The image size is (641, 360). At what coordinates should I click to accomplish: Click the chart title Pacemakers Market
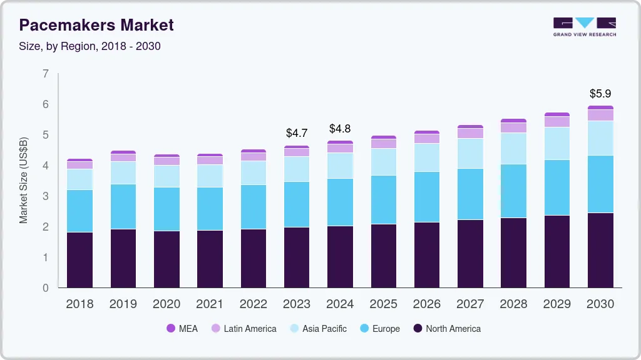(x=97, y=26)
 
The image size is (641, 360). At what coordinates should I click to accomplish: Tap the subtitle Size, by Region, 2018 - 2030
(x=90, y=46)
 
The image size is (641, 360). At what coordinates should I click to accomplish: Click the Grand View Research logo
(x=584, y=26)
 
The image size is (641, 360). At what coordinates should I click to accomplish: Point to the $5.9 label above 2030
(x=600, y=94)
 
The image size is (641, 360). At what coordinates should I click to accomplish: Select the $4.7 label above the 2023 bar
(x=297, y=133)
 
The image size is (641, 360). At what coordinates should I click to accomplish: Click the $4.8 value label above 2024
(x=340, y=129)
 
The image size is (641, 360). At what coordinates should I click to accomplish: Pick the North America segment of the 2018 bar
(x=79, y=260)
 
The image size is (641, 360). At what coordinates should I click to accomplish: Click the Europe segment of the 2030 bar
(x=600, y=184)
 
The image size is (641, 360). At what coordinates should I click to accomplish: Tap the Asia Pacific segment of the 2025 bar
(x=383, y=162)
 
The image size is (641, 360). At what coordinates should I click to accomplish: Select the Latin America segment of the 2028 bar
(x=513, y=127)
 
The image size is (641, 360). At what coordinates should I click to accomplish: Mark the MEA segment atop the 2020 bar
(x=167, y=156)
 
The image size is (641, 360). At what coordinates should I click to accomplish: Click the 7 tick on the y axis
(x=45, y=74)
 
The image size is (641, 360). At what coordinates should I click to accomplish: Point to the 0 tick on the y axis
(x=45, y=288)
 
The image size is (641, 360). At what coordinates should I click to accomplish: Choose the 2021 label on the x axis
(x=210, y=304)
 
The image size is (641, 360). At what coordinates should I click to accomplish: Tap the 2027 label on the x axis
(x=470, y=304)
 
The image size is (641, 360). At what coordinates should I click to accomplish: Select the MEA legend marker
(x=170, y=329)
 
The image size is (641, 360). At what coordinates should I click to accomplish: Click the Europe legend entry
(x=379, y=329)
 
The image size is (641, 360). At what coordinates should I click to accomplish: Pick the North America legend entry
(x=446, y=329)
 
